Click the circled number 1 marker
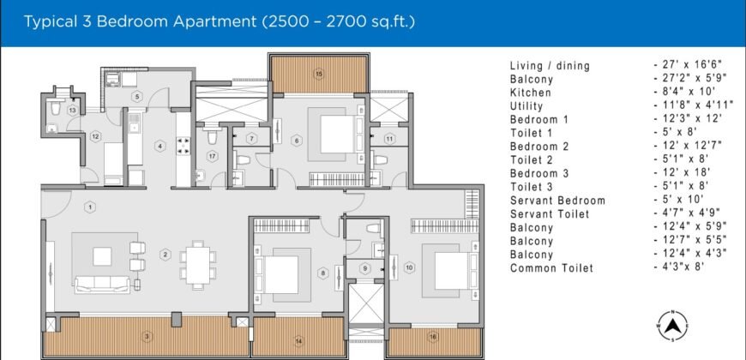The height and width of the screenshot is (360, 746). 90,206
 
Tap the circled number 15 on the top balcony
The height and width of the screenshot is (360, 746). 319,75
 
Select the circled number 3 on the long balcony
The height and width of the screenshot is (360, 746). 147,335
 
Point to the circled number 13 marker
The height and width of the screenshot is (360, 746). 73,111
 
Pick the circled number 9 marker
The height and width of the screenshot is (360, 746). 364,268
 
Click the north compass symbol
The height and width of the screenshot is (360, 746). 673,325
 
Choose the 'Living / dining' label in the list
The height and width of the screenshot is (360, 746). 550,65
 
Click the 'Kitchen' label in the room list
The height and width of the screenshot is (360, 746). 530,92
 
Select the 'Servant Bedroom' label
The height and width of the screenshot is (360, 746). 557,201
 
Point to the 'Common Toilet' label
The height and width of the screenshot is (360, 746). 551,268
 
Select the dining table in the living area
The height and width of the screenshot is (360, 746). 196,261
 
